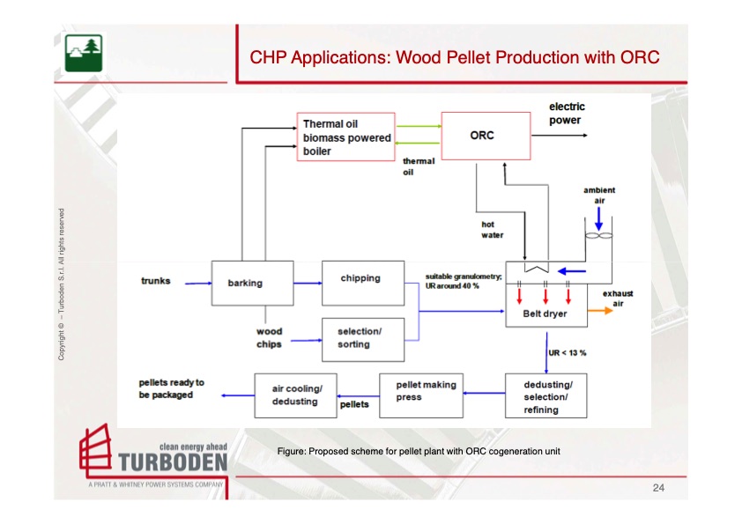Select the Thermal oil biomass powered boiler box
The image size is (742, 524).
pyautogui.click(x=345, y=137)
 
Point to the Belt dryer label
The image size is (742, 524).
pyautogui.click(x=545, y=314)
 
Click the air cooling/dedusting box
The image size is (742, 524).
pyautogui.click(x=297, y=395)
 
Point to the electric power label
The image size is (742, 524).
pyautogui.click(x=567, y=114)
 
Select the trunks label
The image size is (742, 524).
pyautogui.click(x=156, y=282)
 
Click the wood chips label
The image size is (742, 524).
pyautogui.click(x=270, y=338)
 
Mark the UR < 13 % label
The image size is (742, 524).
pyautogui.click(x=568, y=352)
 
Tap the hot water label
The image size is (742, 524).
pyautogui.click(x=493, y=230)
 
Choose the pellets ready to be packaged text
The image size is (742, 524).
pyautogui.click(x=172, y=388)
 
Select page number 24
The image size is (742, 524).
pyautogui.click(x=658, y=487)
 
